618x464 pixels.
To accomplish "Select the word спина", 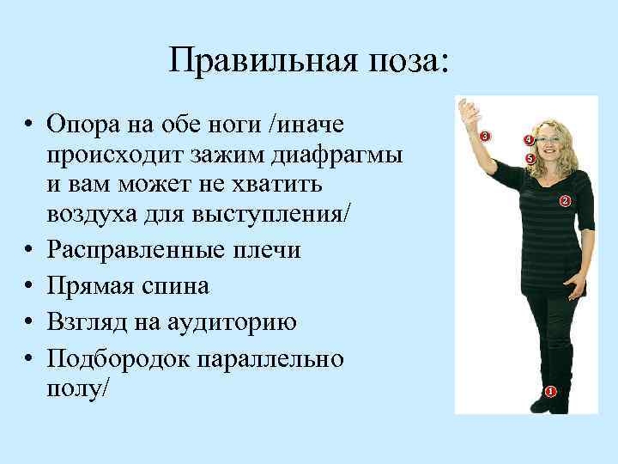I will click(x=179, y=285).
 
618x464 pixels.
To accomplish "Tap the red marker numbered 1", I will click(x=550, y=392).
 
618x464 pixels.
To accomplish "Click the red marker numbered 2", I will click(x=565, y=201).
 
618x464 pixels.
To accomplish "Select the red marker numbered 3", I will click(x=485, y=136).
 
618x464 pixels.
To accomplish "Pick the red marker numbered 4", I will click(x=529, y=140).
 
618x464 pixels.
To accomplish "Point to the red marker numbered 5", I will click(x=530, y=159).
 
